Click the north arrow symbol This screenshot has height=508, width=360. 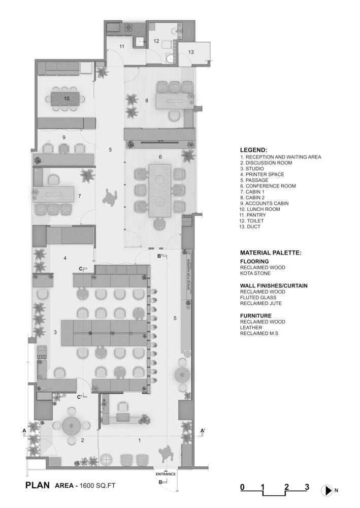pyautogui.click(x=327, y=491)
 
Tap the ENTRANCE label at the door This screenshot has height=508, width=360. pyautogui.click(x=166, y=474)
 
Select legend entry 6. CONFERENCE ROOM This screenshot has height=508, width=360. pyautogui.click(x=268, y=186)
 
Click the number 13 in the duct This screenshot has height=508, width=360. pyautogui.click(x=191, y=52)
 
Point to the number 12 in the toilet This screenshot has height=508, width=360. pyautogui.click(x=156, y=41)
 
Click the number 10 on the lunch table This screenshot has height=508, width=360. pyautogui.click(x=67, y=99)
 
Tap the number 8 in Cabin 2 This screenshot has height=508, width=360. pyautogui.click(x=147, y=101)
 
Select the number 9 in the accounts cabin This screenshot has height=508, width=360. pyautogui.click(x=64, y=137)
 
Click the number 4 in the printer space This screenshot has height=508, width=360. pyautogui.click(x=65, y=258)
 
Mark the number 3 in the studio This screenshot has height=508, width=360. pyautogui.click(x=55, y=332)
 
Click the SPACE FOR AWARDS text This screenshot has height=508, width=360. pyautogui.click(x=188, y=275)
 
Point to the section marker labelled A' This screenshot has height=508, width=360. pyautogui.click(x=203, y=431)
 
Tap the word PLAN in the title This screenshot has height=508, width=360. pyautogui.click(x=38, y=485)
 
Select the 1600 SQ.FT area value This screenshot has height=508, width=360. pyautogui.click(x=97, y=485)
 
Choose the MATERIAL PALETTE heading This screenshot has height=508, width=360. pyautogui.click(x=271, y=252)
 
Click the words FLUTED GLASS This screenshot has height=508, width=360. pyautogui.click(x=258, y=297)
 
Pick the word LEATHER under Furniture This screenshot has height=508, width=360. pyautogui.click(x=251, y=328)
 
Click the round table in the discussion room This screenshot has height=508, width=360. pyautogui.click(x=72, y=425)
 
